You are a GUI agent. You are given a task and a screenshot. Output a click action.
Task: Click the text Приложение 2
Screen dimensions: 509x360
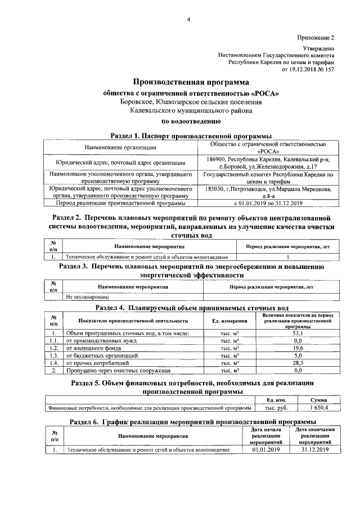316,38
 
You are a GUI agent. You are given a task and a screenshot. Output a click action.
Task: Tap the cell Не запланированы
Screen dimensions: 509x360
87,296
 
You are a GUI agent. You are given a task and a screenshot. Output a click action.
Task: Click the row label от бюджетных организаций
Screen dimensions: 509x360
102,355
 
